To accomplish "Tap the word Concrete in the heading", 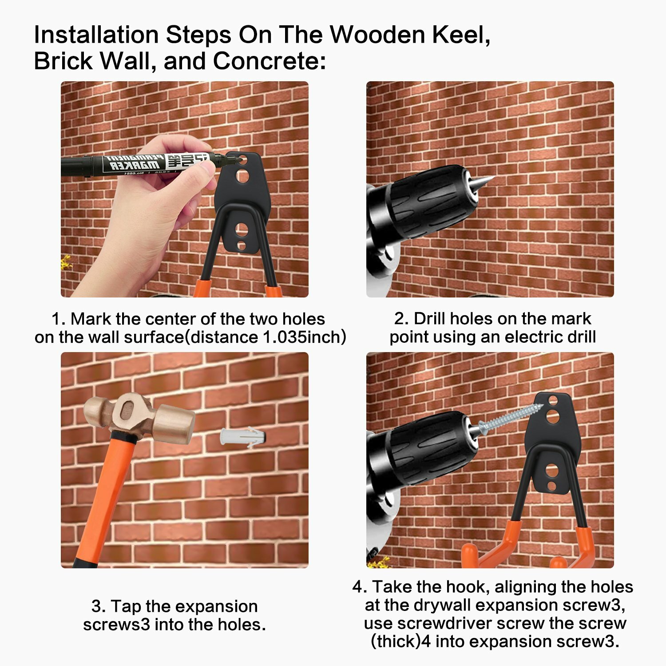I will (269, 61).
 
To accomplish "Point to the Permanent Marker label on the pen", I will (133, 162).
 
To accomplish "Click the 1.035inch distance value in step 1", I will (304, 337).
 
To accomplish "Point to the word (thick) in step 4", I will (395, 642).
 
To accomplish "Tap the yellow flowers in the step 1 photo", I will (66, 263).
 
